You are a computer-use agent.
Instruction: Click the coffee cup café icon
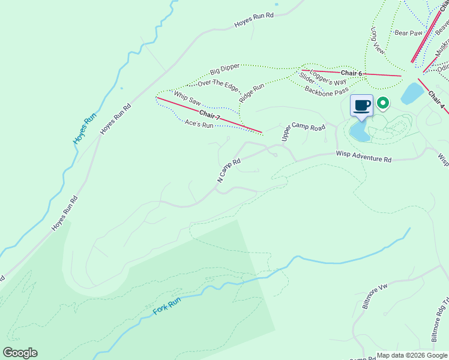361,106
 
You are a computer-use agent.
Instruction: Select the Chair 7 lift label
210,114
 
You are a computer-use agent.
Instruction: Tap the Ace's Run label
199,125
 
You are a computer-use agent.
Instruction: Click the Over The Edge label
218,85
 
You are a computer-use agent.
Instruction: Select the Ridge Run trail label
252,92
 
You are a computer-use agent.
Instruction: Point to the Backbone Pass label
327,91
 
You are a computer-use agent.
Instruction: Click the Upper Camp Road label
303,133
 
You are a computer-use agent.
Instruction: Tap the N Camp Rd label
229,171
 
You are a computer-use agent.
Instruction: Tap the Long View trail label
378,41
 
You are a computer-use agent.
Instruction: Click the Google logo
20,353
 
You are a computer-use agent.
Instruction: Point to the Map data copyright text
412,355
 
